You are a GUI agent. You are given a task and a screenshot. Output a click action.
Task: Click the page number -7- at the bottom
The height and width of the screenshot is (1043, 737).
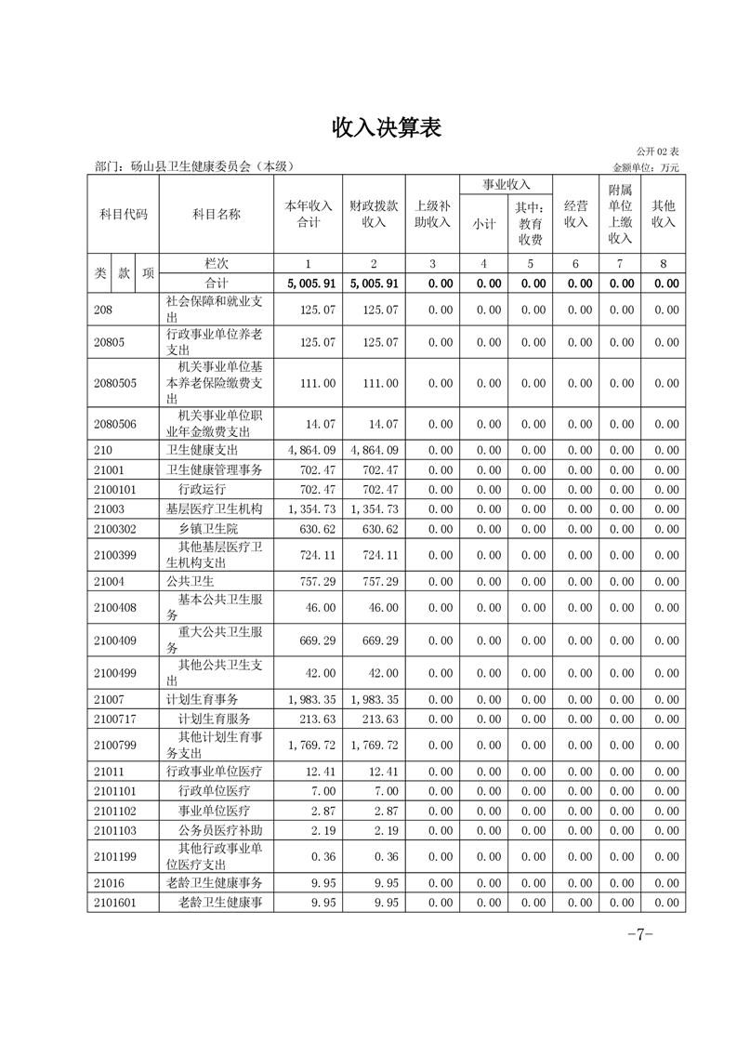pos(641,934)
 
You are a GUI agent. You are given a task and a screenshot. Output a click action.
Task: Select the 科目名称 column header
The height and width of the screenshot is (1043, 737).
pos(216,214)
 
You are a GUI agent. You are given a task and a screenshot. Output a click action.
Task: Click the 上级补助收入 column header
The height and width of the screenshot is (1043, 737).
pos(432,214)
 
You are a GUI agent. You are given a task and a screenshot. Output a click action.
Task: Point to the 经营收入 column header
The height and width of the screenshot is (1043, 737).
pos(576,214)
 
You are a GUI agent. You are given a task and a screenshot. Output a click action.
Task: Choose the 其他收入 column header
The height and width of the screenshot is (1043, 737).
pos(663,214)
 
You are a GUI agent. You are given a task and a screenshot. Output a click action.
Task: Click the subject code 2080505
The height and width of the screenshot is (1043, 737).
pos(115,383)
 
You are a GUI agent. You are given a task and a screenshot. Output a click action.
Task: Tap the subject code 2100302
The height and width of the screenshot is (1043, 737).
pos(115,528)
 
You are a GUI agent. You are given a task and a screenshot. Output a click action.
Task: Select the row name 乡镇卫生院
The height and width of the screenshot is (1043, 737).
pos(207,528)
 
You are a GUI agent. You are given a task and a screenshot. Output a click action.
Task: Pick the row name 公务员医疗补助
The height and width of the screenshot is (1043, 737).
pos(220,830)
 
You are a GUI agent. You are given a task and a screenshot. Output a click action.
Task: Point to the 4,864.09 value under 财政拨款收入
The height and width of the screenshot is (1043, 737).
pos(375,450)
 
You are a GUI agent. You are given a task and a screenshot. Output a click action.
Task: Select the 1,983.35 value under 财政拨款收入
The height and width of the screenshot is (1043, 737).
pos(375,699)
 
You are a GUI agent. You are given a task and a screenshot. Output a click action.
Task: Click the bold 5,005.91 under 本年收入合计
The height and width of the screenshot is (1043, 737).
pos(308,284)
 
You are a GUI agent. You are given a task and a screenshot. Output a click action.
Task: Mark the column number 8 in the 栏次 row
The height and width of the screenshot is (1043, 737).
pos(663,264)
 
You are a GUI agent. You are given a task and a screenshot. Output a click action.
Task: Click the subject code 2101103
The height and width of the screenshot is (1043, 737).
pos(115,830)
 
